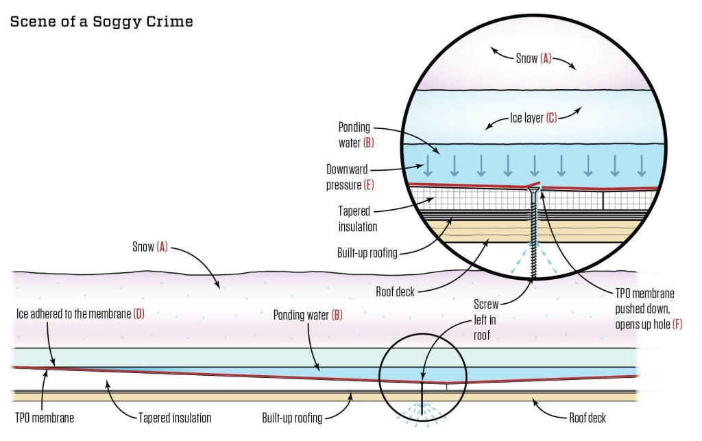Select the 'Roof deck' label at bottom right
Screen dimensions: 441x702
pyautogui.click(x=588, y=417)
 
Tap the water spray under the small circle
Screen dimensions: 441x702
pyautogui.click(x=422, y=414)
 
